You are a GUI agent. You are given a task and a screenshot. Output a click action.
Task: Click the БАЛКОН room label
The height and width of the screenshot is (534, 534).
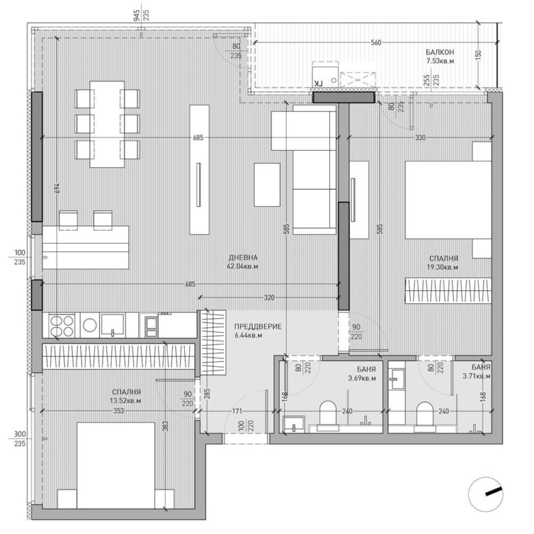click(x=439, y=52)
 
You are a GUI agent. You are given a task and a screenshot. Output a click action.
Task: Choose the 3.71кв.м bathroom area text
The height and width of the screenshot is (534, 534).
click(x=476, y=376)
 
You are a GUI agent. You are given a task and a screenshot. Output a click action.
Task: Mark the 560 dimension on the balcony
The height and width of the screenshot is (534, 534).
click(x=374, y=42)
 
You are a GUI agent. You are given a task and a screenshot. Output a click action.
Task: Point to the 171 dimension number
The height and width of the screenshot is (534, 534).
click(x=236, y=411)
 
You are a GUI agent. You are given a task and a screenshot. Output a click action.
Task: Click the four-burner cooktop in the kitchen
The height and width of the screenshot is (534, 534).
click(x=62, y=325)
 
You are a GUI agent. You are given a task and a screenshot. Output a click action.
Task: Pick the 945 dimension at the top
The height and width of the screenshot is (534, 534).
click(x=136, y=12)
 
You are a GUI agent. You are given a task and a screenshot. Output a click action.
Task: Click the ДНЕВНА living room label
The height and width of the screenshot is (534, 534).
click(x=243, y=258)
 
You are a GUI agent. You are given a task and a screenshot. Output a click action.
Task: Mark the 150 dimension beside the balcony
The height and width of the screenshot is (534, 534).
click(x=478, y=54)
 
